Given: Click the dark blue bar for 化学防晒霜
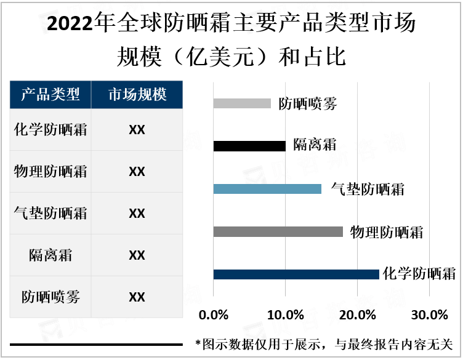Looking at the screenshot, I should [x=296, y=274].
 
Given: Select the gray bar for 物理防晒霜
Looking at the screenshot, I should [x=278, y=231].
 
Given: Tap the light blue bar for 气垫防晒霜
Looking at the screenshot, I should [x=267, y=189].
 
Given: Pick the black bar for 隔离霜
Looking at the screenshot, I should [x=249, y=146].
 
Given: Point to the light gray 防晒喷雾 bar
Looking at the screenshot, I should [x=242, y=103].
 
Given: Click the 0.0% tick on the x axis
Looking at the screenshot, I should [x=214, y=315].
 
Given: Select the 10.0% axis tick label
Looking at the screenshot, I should [x=286, y=315].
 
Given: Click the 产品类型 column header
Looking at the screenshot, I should [x=50, y=95].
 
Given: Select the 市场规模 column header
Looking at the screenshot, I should [x=137, y=95].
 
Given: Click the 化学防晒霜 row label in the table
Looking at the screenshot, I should [x=50, y=130].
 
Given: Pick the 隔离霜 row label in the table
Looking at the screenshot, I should [x=50, y=255].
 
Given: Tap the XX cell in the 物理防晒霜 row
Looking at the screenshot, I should [x=137, y=172].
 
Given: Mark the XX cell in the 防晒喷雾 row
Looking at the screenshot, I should [x=137, y=297].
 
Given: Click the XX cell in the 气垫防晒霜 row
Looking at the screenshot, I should [x=137, y=214].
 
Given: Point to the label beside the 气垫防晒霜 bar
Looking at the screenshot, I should [x=368, y=189].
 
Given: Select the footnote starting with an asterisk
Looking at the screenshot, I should [x=323, y=345].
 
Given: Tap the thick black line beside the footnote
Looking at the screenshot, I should [x=95, y=345].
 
